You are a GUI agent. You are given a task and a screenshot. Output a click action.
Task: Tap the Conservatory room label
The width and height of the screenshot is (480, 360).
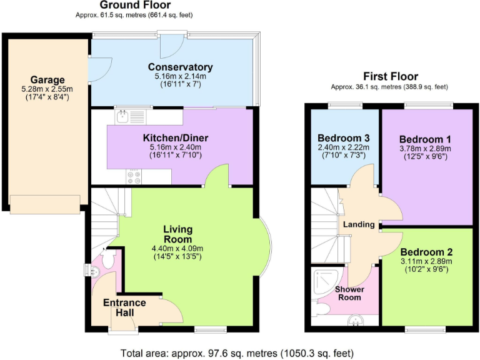(x=180, y=67)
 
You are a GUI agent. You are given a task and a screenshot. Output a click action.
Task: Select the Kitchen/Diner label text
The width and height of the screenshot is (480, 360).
(x=176, y=137)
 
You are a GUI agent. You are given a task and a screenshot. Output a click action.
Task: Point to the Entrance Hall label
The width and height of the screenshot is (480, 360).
(x=125, y=307)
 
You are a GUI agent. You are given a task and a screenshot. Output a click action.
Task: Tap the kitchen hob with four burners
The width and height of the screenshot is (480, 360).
(x=134, y=176)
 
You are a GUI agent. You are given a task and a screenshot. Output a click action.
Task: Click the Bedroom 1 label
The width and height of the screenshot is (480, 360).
(x=425, y=138)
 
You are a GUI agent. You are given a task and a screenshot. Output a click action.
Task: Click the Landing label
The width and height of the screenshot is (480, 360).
(x=359, y=224)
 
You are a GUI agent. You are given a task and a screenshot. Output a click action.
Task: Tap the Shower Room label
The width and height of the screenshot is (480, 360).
(x=349, y=293)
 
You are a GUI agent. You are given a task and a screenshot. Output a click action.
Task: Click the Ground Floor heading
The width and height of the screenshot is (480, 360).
(x=136, y=5)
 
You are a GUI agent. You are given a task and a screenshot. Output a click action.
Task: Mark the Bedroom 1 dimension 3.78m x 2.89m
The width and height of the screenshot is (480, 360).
(x=425, y=148)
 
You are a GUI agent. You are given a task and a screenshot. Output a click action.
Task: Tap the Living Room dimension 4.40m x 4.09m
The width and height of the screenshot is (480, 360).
(x=178, y=248)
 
